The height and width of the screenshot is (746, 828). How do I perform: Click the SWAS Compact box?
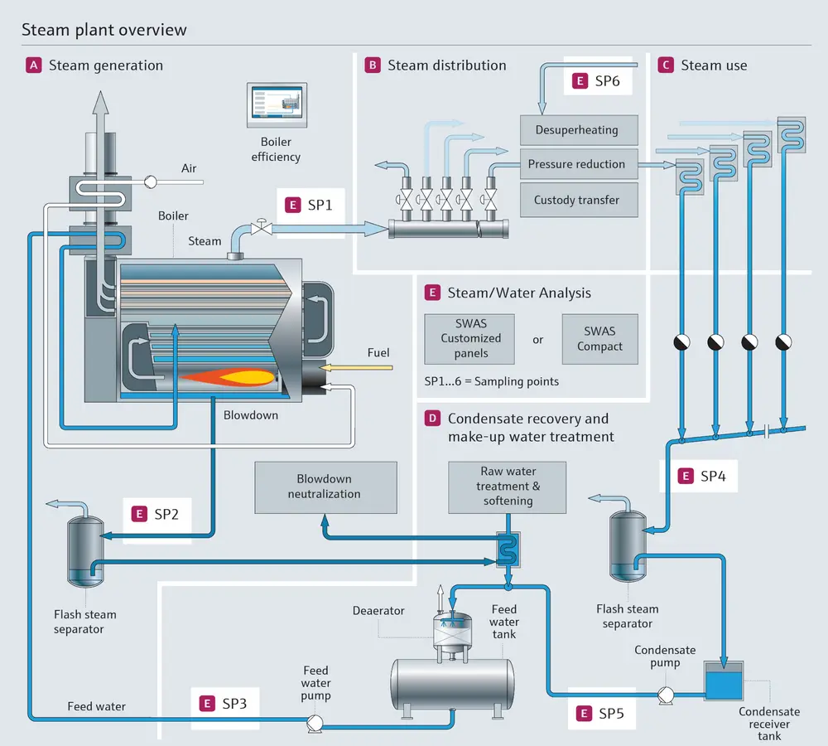[599, 339]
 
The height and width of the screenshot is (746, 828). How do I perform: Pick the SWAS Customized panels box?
[470, 339]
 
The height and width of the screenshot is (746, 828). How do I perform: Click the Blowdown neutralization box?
[324, 487]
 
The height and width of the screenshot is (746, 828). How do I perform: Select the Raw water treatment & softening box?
[508, 487]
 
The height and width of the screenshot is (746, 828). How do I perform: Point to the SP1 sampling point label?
[310, 205]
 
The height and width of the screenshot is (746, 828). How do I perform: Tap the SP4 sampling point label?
[701, 476]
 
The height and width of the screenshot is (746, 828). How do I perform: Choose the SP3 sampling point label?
[224, 703]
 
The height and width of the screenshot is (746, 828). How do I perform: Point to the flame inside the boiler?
[228, 376]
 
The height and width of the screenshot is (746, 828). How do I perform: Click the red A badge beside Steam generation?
[34, 65]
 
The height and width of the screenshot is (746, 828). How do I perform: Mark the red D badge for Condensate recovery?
[432, 419]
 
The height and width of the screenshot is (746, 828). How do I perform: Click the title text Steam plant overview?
[104, 31]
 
